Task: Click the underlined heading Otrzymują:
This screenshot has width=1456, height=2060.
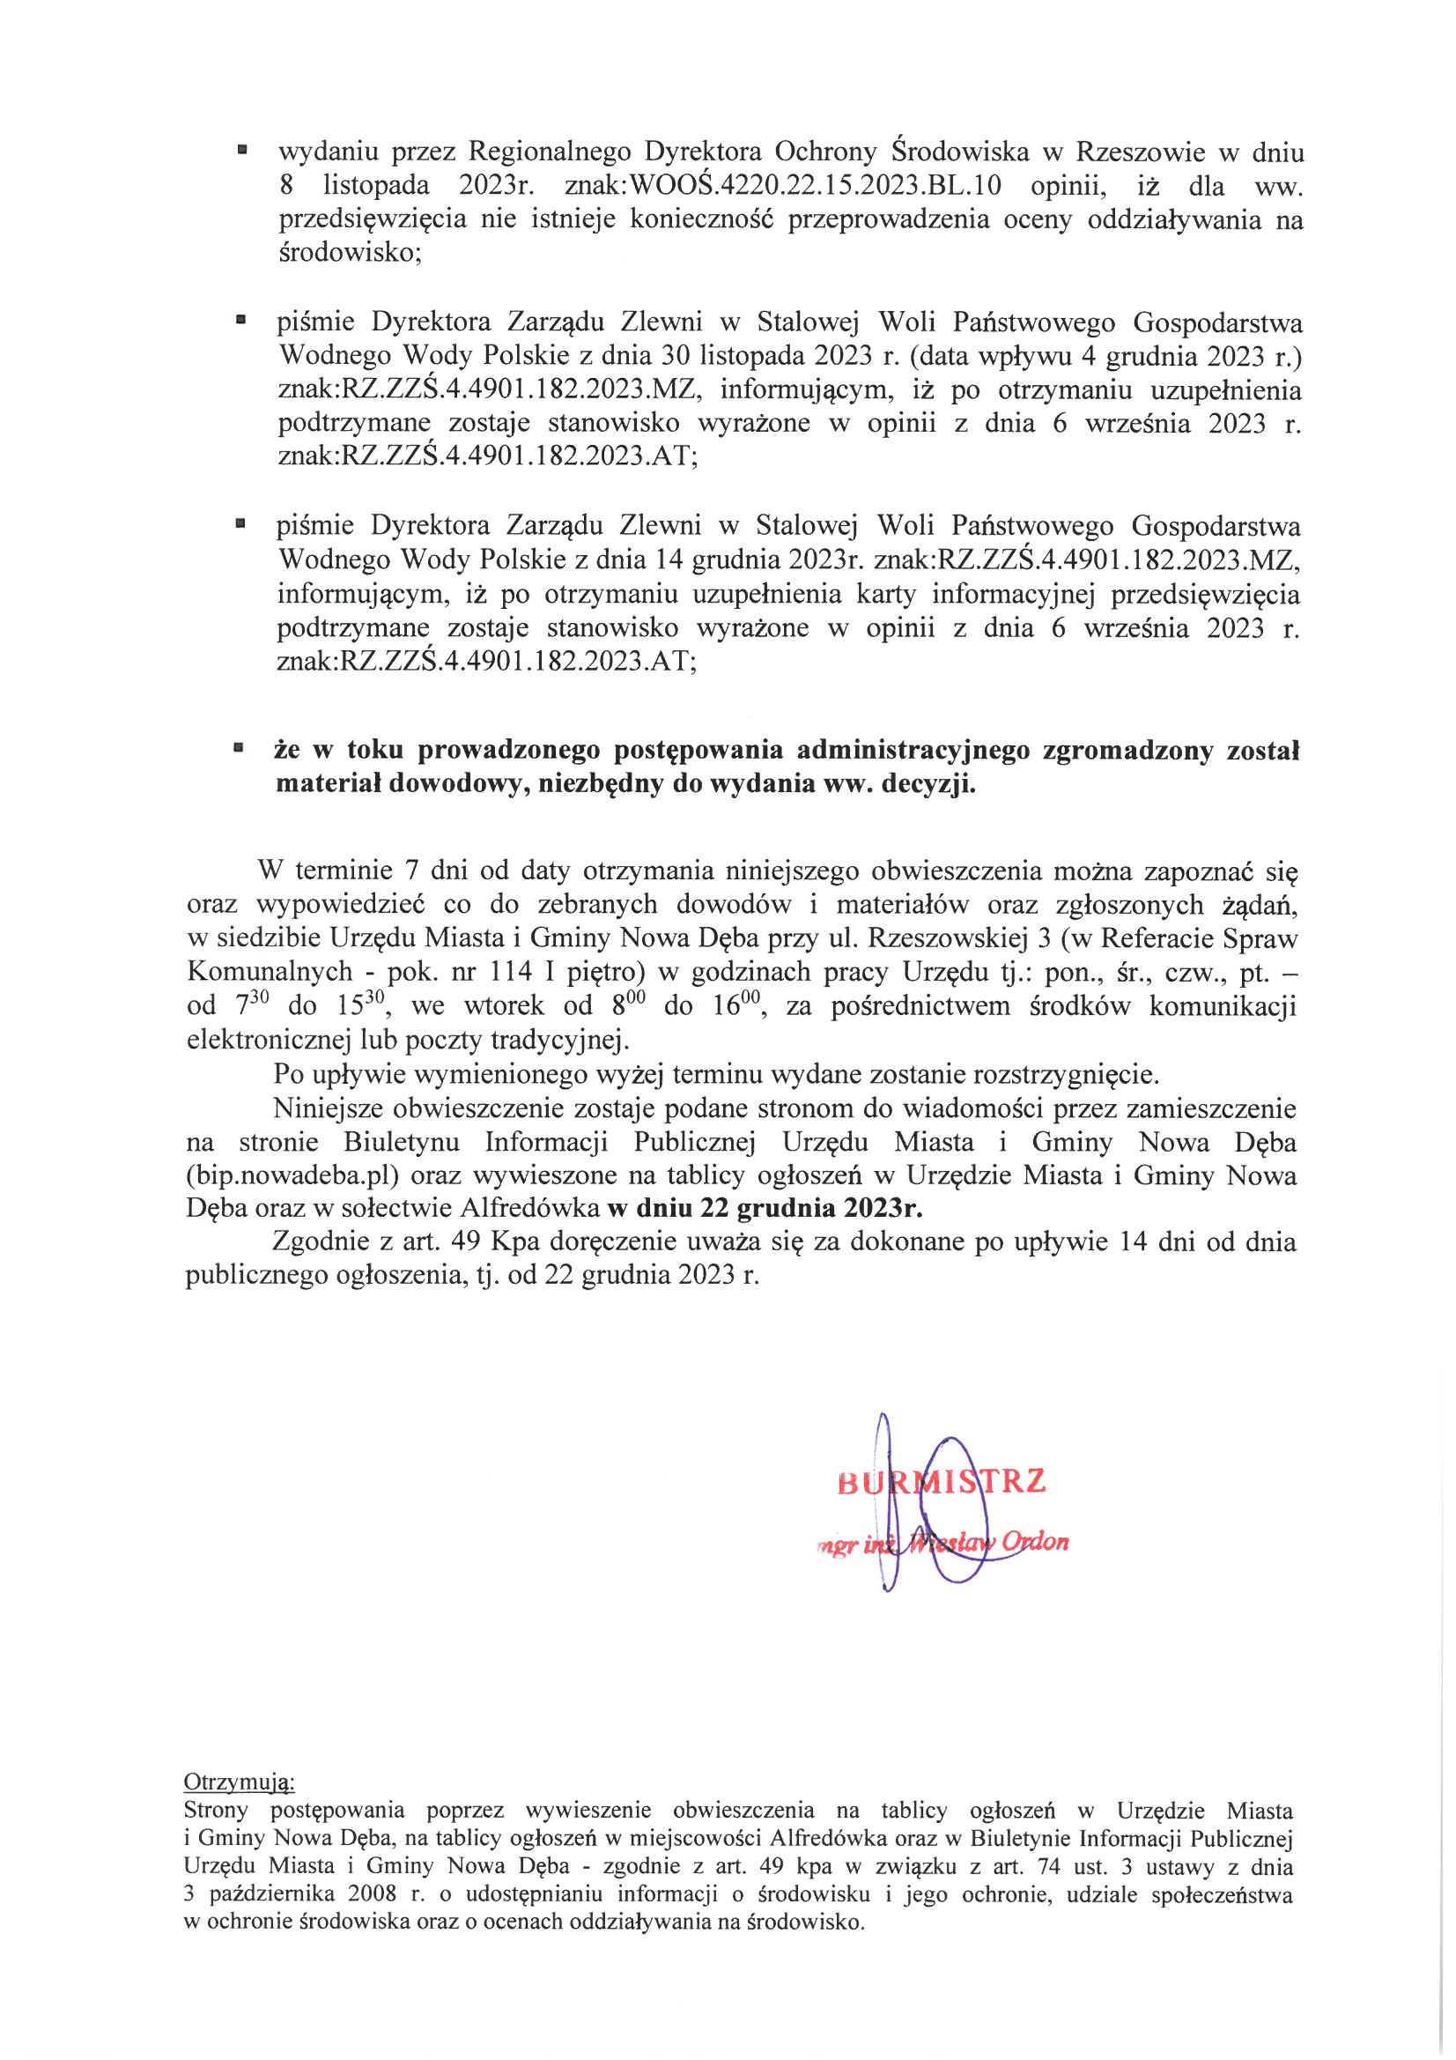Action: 239,1781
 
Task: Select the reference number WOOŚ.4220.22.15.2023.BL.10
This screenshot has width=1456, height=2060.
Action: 816,186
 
